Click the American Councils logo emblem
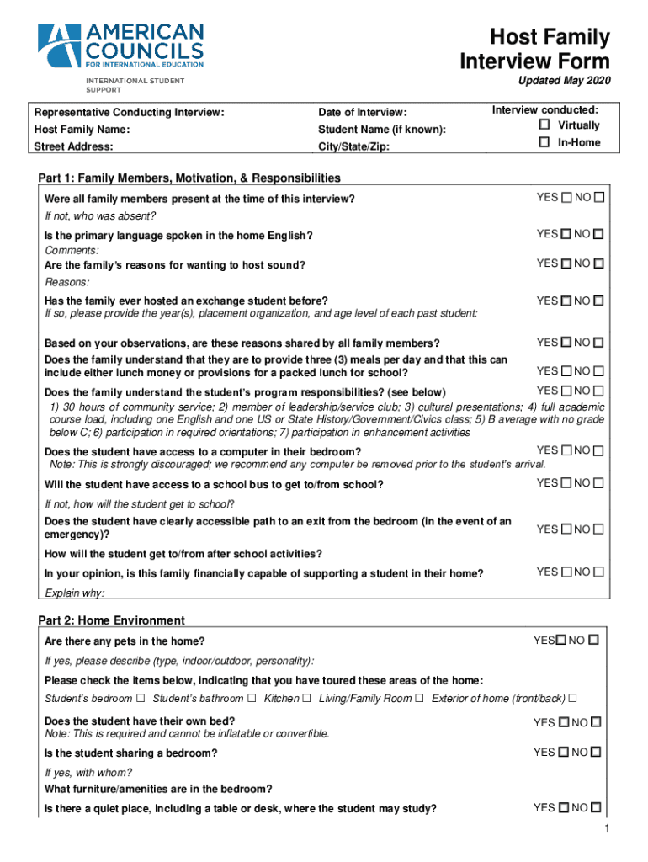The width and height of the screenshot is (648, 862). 59,45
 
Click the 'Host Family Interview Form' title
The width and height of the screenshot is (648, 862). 534,50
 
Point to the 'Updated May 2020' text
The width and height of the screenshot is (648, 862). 564,81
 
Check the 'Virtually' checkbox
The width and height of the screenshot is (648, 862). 544,125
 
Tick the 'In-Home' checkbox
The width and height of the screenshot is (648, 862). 544,142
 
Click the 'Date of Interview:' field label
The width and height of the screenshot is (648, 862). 362,113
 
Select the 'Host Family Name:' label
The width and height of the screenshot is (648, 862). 82,130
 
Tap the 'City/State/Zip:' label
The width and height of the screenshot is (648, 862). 353,146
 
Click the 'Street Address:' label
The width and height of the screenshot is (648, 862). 73,146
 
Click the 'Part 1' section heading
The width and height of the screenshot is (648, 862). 189,178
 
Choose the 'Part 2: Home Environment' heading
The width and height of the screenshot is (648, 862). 111,620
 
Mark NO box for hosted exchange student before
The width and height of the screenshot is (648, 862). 598,301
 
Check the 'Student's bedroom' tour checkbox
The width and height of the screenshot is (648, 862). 141,698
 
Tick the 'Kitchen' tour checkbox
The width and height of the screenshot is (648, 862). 306,698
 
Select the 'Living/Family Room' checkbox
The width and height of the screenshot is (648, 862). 420,698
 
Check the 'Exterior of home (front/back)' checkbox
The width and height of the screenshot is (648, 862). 573,698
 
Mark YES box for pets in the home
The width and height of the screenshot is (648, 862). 560,641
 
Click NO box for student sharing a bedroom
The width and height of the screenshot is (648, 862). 597,752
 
